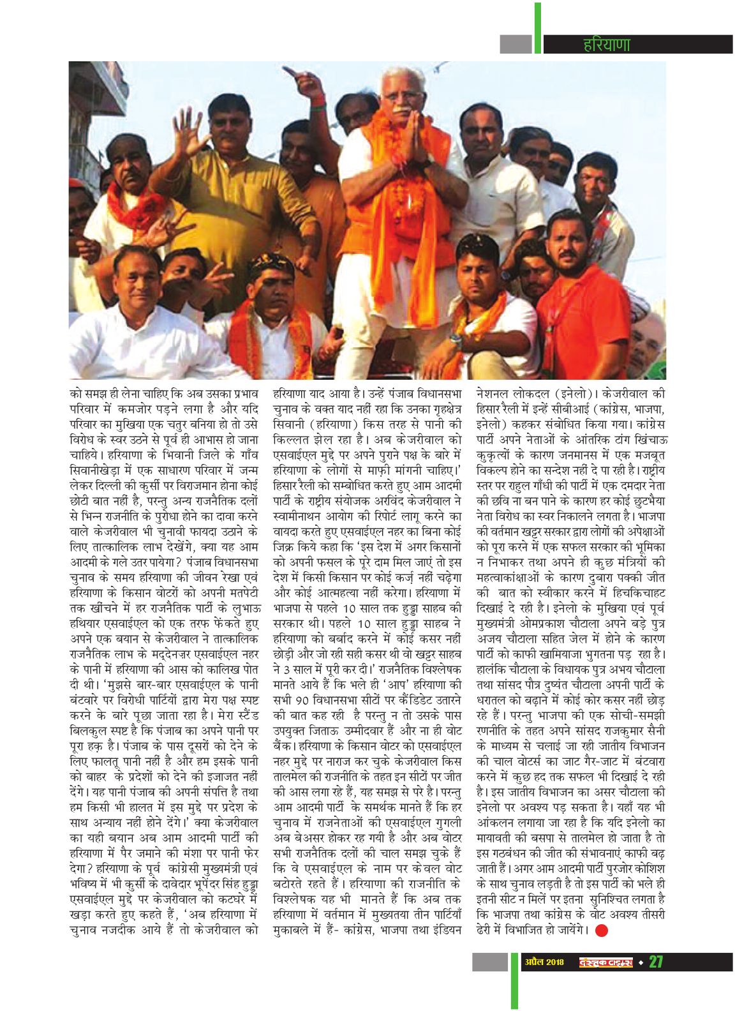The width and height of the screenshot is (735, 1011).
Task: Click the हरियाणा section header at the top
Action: (606, 45)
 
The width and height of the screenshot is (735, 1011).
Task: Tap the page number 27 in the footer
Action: (657, 961)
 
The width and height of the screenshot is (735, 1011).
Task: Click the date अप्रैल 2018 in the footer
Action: (542, 962)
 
